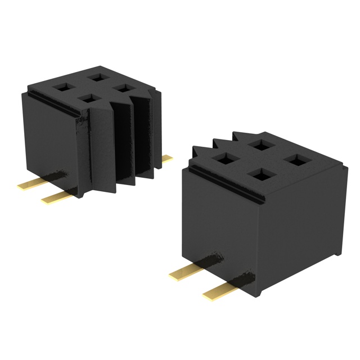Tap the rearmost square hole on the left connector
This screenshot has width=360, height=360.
[x=94, y=75]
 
